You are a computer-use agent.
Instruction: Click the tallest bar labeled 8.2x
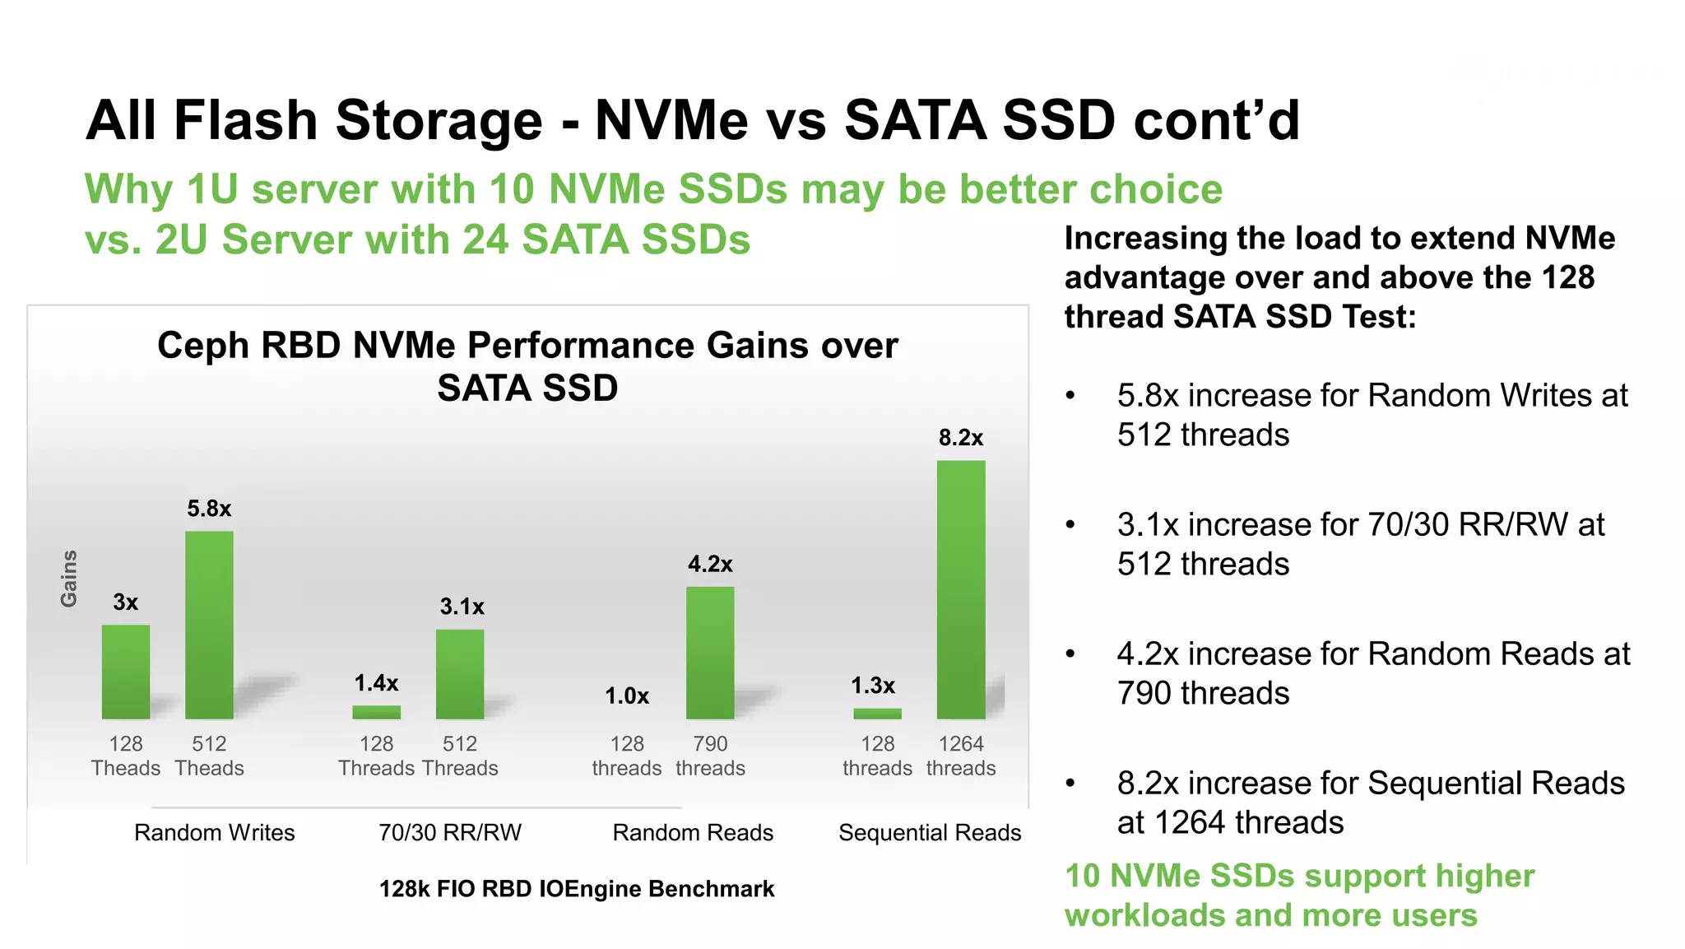(x=960, y=589)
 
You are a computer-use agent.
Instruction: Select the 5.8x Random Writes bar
(x=209, y=625)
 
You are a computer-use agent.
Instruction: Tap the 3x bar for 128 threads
(x=126, y=672)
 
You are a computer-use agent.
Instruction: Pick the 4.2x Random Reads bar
(x=710, y=653)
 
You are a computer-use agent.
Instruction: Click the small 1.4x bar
(x=376, y=712)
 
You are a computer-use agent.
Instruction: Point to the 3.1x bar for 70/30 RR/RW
(x=460, y=674)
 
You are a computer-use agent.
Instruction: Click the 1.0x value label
(x=627, y=696)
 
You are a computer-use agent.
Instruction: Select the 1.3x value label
(x=873, y=686)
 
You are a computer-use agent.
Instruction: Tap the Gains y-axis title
(x=69, y=579)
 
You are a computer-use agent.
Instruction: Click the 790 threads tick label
(x=710, y=756)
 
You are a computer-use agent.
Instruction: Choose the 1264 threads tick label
(x=960, y=756)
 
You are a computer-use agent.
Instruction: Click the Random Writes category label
(x=214, y=833)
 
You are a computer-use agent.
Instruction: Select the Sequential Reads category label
(x=930, y=833)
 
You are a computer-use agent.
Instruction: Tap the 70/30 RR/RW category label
(x=450, y=833)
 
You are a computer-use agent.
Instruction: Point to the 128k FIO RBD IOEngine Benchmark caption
(x=576, y=889)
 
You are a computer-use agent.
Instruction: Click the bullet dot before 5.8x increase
(x=1070, y=396)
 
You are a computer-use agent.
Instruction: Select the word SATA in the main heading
(x=915, y=121)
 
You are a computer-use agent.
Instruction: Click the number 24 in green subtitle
(x=484, y=240)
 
